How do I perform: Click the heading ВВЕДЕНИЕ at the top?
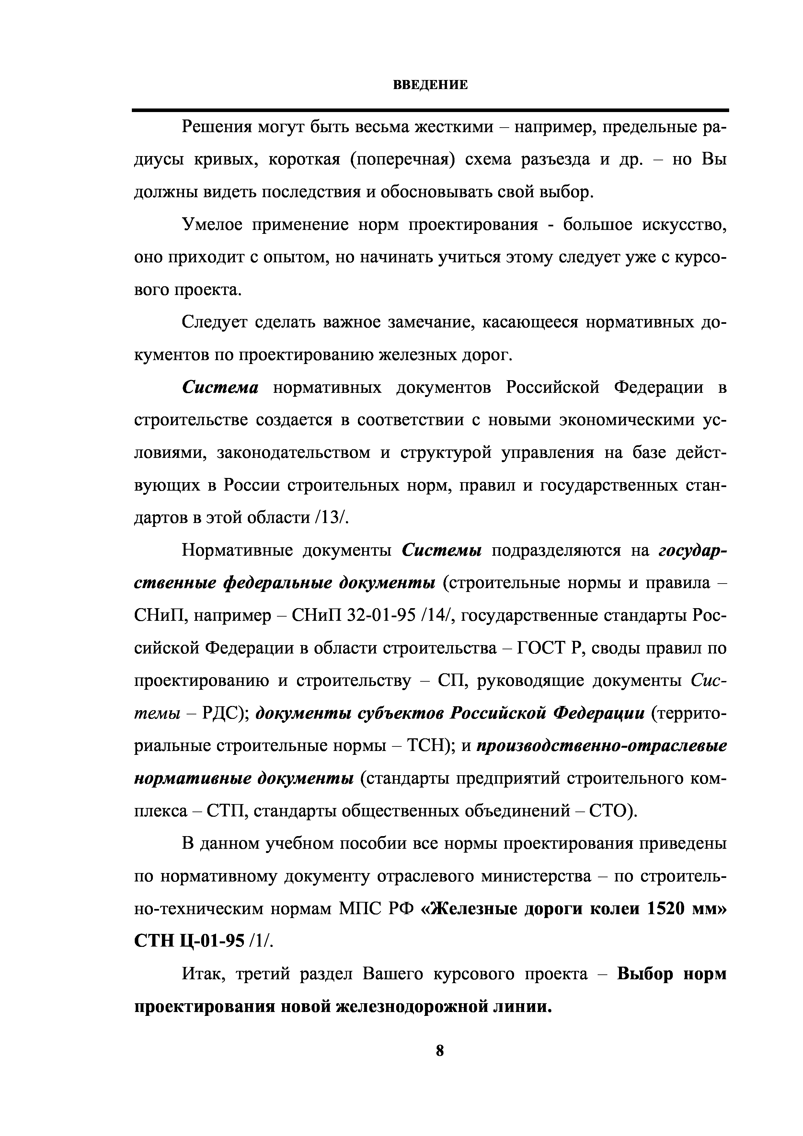tap(430, 85)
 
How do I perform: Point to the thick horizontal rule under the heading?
tap(430, 110)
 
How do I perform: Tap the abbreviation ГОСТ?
tap(540, 648)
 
